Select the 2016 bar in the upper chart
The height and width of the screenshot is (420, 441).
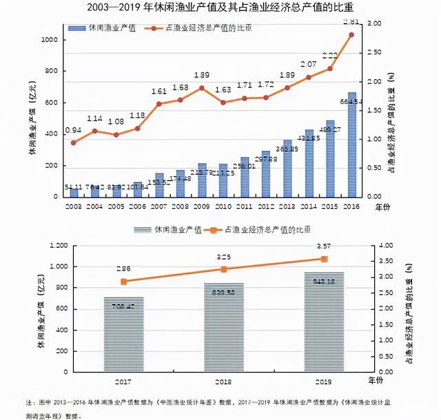(x=351, y=145)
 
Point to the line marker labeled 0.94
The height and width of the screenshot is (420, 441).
(x=74, y=143)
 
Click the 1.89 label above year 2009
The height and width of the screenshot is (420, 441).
(x=202, y=76)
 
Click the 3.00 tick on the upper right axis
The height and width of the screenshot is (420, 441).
(x=373, y=23)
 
